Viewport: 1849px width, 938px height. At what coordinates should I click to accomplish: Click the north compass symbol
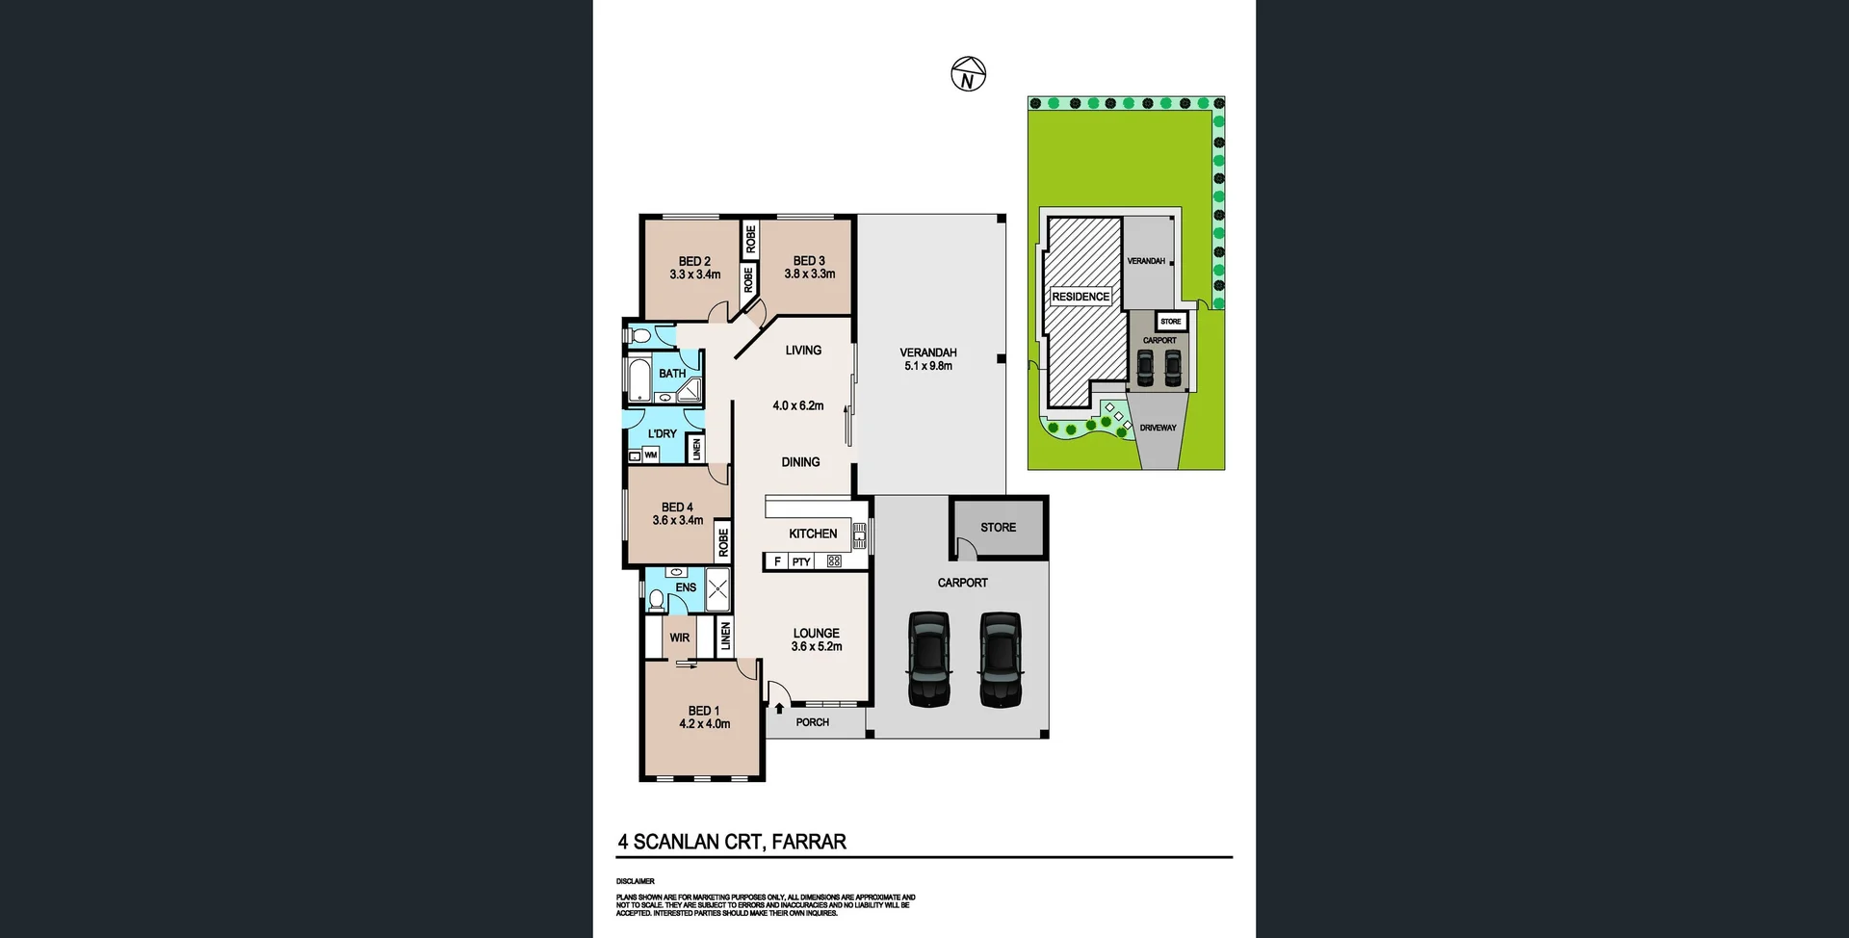click(969, 74)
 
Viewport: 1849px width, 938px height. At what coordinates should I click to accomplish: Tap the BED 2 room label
click(694, 261)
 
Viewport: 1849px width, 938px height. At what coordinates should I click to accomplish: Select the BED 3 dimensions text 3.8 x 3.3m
click(809, 274)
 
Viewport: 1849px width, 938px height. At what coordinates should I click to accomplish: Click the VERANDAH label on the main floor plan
click(928, 352)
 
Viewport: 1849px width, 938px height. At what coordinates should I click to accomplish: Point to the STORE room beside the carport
click(999, 528)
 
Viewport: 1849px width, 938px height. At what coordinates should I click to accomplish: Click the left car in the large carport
click(928, 660)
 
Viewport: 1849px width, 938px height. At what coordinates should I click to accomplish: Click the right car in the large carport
click(1001, 660)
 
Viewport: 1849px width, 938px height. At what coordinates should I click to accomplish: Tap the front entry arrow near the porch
click(779, 709)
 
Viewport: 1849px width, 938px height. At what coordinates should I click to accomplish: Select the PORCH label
click(812, 722)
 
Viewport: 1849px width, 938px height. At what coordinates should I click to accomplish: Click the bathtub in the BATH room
click(639, 381)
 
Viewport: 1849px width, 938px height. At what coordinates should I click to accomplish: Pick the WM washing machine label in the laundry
click(651, 455)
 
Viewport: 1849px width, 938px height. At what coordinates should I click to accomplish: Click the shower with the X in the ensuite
click(717, 589)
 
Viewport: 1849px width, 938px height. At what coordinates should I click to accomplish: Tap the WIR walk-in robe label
click(679, 638)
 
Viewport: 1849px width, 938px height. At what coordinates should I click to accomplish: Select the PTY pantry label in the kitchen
click(801, 561)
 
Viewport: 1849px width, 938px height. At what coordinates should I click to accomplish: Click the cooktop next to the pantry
click(834, 561)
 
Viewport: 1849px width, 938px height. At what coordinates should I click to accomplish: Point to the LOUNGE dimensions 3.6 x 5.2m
click(817, 647)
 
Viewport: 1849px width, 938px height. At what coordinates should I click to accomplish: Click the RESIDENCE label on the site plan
click(1081, 297)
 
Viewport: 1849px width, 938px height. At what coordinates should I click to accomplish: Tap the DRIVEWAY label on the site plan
click(1158, 428)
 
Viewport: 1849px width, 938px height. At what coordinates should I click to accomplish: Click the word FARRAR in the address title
click(809, 842)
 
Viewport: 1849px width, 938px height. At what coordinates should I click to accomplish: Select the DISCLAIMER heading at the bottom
click(636, 881)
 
